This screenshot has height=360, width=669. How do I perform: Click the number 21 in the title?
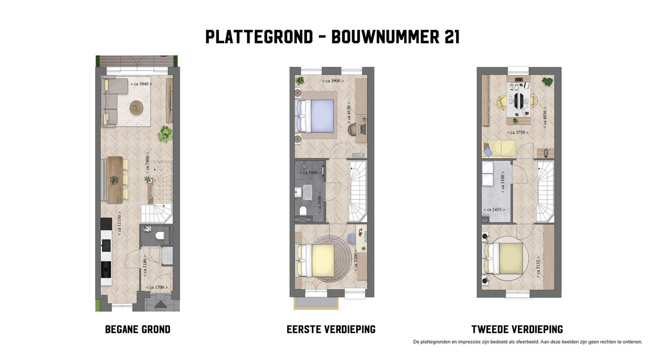[x=452, y=37]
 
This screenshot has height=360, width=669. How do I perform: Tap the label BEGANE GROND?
[x=138, y=329]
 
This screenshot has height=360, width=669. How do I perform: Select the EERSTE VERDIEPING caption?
[x=331, y=329]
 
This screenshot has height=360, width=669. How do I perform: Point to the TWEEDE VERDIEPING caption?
[x=517, y=329]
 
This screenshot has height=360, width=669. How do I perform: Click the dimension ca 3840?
[x=141, y=84]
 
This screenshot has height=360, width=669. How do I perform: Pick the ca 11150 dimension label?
[x=120, y=223]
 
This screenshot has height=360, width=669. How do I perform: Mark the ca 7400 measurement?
[x=148, y=164]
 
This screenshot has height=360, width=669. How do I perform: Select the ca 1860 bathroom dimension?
[x=309, y=173]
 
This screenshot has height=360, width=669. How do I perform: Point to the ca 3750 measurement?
[x=518, y=132]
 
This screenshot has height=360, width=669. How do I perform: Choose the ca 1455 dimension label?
[x=494, y=210]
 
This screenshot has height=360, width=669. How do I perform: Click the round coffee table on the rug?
[x=136, y=108]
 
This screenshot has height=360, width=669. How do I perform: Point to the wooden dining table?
[x=115, y=179]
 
